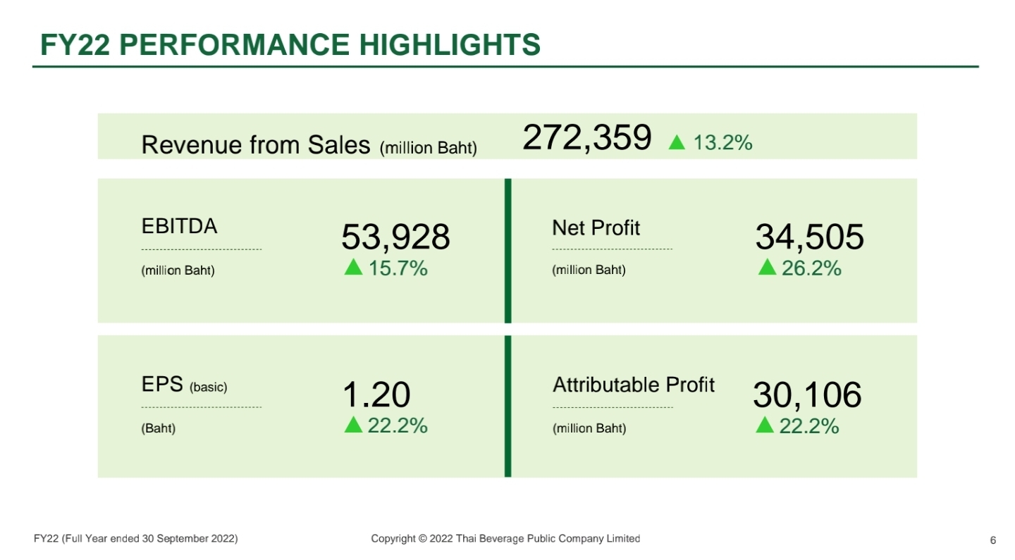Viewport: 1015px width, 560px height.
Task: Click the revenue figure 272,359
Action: click(586, 137)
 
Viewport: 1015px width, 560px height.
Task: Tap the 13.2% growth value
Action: click(722, 143)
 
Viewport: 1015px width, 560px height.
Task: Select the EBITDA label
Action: click(179, 227)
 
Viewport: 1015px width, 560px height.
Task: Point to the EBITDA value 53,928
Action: click(395, 237)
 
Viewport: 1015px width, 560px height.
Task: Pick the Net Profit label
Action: click(596, 228)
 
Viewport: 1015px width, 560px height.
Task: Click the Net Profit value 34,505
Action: click(809, 237)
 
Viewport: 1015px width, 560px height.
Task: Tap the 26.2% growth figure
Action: click(811, 268)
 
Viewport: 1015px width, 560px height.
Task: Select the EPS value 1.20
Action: click(376, 395)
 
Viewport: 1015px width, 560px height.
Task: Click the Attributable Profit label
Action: click(633, 385)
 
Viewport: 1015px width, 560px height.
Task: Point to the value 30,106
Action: click(807, 395)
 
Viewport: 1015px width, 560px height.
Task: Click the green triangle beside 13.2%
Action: click(677, 143)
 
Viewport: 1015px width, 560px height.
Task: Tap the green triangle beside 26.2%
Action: click(767, 268)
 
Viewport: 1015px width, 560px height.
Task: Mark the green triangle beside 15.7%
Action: click(354, 268)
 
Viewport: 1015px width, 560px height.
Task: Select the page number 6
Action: click(992, 540)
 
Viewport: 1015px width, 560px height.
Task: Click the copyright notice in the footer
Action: click(505, 539)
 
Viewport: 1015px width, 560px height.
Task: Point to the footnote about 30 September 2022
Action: click(135, 539)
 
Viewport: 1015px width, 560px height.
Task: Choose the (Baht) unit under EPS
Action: click(158, 428)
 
